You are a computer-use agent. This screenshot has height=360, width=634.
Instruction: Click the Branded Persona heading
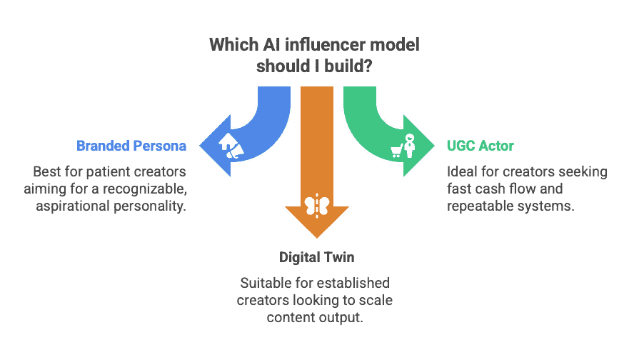131,146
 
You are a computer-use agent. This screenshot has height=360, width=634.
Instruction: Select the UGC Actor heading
480,146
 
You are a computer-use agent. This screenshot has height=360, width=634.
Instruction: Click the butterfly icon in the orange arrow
316,206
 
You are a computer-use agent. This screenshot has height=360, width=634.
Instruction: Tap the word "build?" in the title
351,65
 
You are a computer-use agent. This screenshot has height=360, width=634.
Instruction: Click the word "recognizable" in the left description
150,189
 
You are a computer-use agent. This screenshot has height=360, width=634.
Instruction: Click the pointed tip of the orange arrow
316,240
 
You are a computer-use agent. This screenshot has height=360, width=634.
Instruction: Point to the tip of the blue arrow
199,146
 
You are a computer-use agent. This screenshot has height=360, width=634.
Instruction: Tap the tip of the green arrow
435,146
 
